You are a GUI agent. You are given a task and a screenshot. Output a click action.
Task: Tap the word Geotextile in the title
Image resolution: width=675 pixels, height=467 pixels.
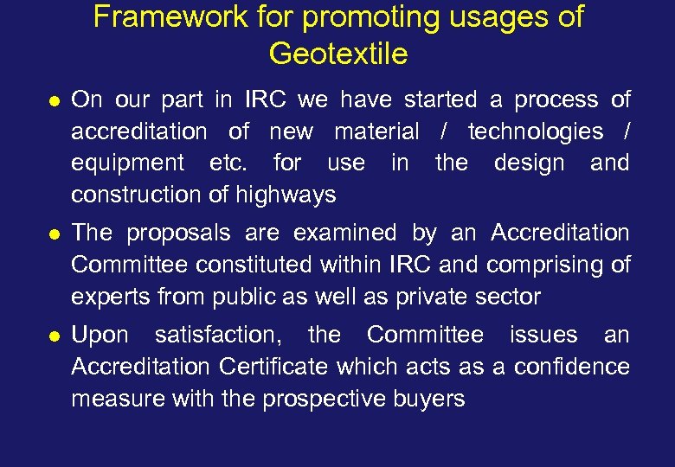337,54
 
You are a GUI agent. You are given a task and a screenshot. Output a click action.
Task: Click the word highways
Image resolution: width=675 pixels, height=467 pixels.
292,195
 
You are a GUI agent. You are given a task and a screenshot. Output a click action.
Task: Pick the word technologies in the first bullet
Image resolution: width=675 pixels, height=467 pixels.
536,131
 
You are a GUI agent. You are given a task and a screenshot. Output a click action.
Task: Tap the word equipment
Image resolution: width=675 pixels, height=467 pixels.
127,163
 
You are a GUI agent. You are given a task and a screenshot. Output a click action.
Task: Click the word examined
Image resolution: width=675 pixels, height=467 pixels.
346,233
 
